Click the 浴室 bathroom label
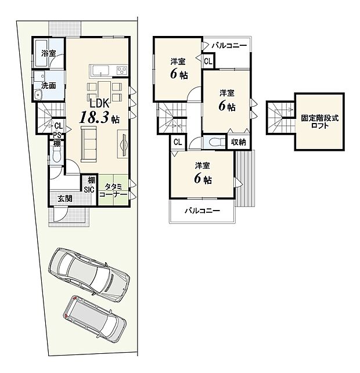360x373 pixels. coord(49,53)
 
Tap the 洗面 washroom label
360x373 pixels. coord(49,86)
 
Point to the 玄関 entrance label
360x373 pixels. coord(64,199)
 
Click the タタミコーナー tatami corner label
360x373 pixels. coord(113,191)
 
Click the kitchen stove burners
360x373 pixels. coord(122,71)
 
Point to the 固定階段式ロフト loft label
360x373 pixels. coord(319,121)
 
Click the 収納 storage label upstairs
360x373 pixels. coord(237,142)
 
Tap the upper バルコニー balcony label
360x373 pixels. coord(229,45)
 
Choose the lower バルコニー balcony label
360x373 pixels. coord(202,211)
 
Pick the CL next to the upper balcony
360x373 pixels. coord(208,60)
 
